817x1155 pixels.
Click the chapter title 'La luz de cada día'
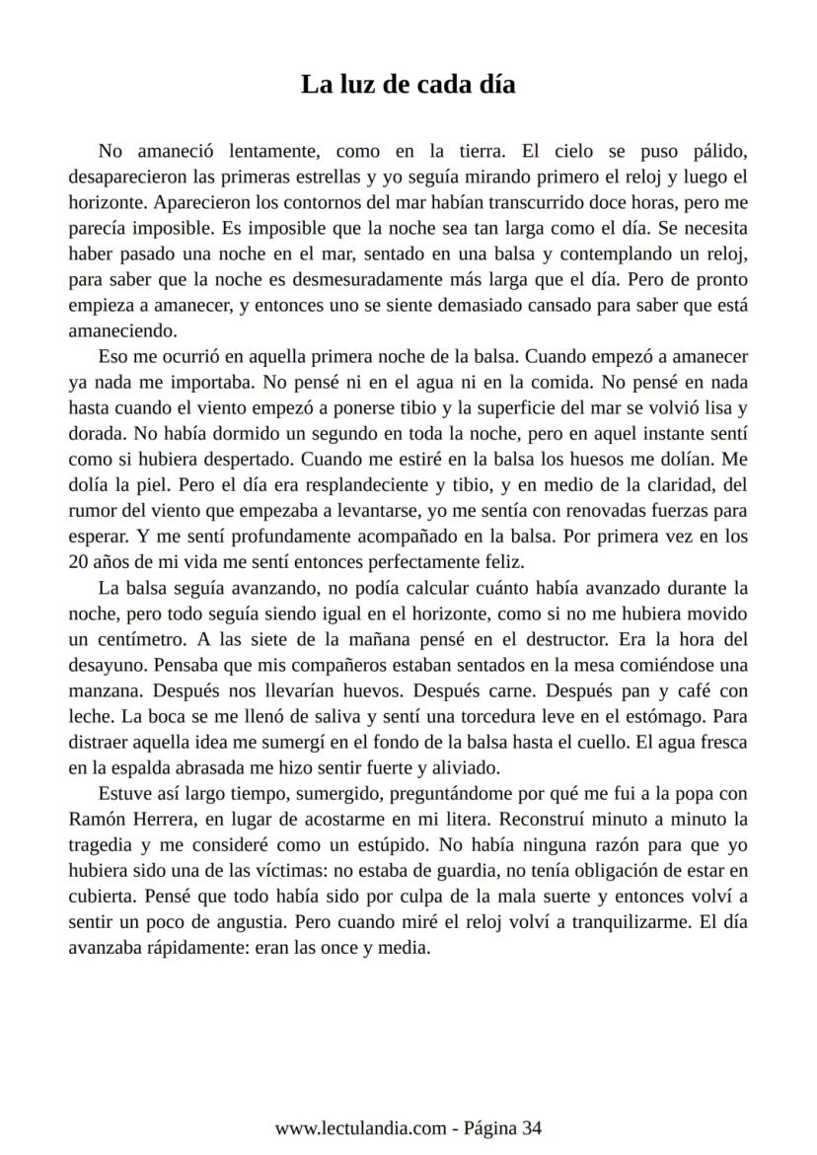pos(408,85)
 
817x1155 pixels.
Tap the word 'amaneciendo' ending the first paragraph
pos(121,331)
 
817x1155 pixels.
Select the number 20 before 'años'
pos(79,562)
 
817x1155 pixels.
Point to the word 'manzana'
pos(105,690)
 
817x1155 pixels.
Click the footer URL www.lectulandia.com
pos(359,1128)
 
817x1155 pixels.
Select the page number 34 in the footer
pos(532,1128)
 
